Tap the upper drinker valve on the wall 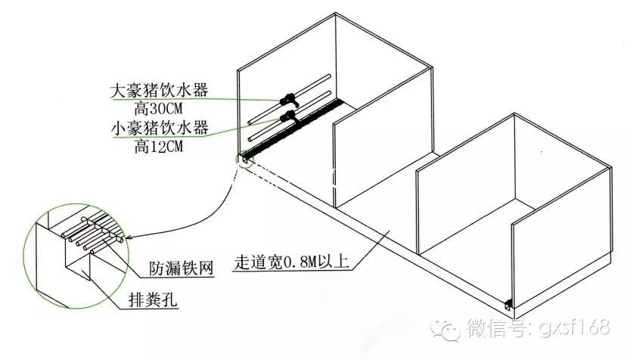[x=288, y=98]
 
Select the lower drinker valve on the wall [x=288, y=116]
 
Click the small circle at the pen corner [x=244, y=159]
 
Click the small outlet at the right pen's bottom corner [x=508, y=303]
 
